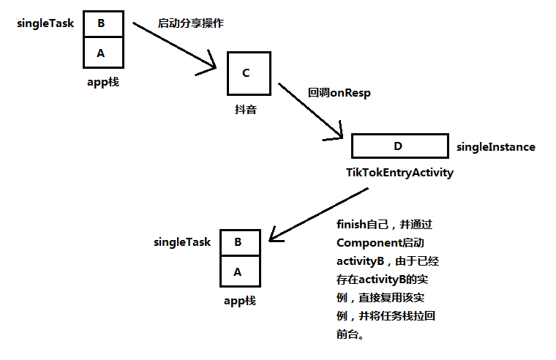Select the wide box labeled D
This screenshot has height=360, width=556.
(399, 146)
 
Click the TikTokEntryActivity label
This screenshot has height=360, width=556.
(399, 173)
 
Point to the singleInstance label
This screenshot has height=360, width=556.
(495, 147)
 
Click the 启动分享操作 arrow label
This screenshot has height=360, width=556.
(190, 23)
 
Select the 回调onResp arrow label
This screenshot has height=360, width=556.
(339, 93)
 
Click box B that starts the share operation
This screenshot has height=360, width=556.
(102, 23)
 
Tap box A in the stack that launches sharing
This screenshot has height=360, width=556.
(102, 52)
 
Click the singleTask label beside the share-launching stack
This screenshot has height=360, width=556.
(45, 23)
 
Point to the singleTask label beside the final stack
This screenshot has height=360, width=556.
(182, 242)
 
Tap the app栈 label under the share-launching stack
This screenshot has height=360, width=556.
(102, 82)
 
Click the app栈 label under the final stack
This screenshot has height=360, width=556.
(240, 301)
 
